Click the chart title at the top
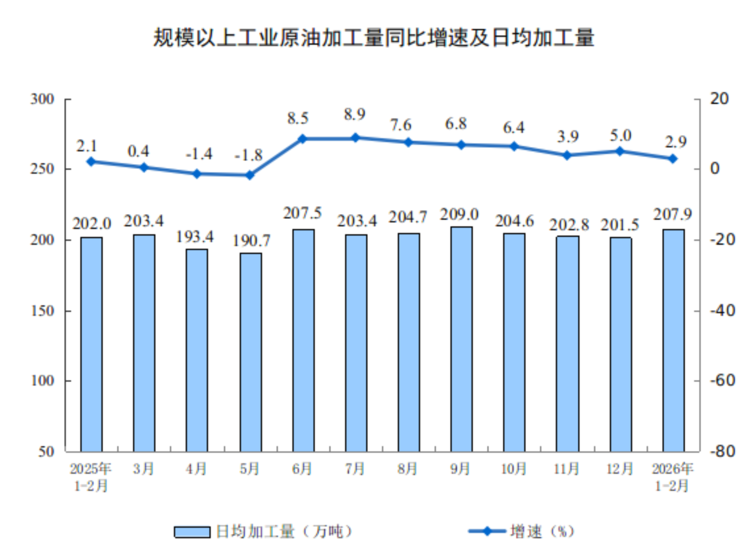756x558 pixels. point(373,38)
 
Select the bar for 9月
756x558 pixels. point(461,339)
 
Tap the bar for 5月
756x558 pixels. point(251,352)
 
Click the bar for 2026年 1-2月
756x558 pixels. point(673,341)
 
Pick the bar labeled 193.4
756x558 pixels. point(197,350)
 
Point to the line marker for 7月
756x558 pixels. point(355,138)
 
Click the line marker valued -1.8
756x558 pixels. point(250,175)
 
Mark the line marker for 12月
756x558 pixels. point(620,151)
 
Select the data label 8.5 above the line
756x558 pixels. point(298,118)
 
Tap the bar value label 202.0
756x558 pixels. point(92,224)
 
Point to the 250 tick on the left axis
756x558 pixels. point(42,169)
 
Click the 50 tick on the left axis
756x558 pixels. point(46,452)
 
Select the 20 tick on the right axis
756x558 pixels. point(719,99)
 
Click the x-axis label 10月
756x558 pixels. point(514,469)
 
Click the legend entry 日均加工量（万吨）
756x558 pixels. point(264,532)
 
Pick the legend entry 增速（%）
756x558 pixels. point(522,532)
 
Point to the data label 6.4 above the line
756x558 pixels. point(513,128)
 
